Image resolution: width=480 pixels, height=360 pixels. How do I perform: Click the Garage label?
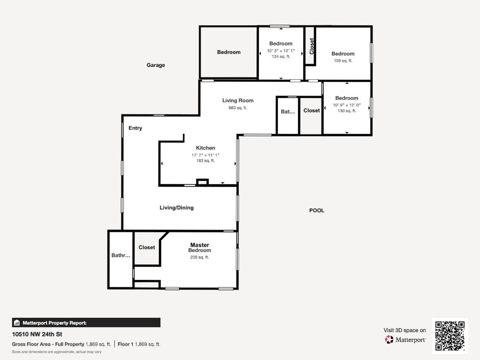coord(156,65)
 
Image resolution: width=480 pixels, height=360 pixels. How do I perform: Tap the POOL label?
coord(316,210)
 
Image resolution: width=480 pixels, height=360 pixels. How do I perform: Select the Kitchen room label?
coord(205,148)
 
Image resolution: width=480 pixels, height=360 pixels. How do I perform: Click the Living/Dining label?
coord(176,208)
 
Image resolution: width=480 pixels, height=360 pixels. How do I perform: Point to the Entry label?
coord(135,128)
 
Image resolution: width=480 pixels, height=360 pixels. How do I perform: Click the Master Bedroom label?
coord(200,247)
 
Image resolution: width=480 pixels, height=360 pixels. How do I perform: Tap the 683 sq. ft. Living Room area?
coord(238,108)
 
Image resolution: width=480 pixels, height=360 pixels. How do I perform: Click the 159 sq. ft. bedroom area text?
coord(343,60)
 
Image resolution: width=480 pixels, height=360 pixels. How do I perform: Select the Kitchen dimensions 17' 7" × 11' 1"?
coord(205,155)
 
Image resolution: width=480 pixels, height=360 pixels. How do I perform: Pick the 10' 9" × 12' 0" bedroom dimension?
coord(346,105)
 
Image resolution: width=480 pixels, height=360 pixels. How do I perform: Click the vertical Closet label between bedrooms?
coord(312,46)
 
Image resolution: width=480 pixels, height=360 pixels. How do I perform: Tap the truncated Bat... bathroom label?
coord(288,112)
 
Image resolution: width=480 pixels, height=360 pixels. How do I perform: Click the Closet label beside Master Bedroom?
coord(147,247)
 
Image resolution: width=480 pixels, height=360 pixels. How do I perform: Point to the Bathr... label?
coord(120,255)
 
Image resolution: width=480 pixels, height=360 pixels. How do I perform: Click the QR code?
coord(450,336)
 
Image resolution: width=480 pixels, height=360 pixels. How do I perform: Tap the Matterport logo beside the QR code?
coord(405,339)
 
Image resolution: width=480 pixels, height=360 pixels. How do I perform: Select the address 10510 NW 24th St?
coord(37,334)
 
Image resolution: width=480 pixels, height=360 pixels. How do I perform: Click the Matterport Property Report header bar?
coord(86,322)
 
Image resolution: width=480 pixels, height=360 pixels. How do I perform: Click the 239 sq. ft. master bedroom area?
coord(200,257)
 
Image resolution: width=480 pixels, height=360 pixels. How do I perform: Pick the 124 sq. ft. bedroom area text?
coord(281,56)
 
